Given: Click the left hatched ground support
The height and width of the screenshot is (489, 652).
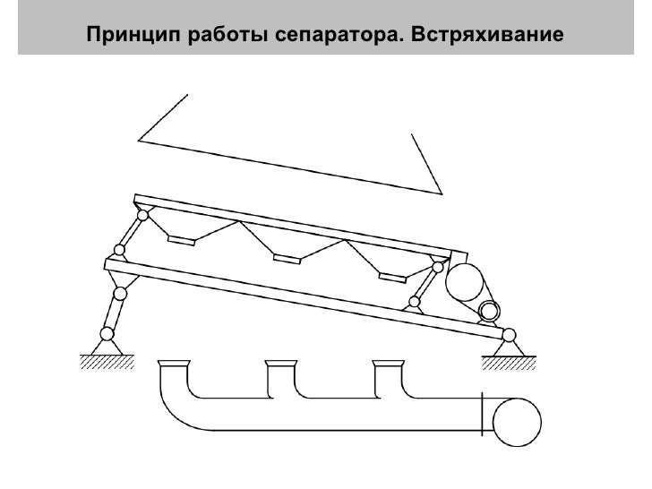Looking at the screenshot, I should [107, 361].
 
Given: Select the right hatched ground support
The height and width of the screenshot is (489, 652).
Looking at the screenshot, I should [508, 362].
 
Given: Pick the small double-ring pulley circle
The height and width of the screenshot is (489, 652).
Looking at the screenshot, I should [489, 311].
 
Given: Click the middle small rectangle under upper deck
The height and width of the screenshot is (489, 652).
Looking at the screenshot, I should [287, 260].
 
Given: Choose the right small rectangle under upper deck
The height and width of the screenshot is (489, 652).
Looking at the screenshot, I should [391, 275].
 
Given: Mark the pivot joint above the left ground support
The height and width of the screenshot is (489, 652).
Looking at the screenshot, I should [107, 334].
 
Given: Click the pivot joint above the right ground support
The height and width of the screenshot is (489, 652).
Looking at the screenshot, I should [508, 336].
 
